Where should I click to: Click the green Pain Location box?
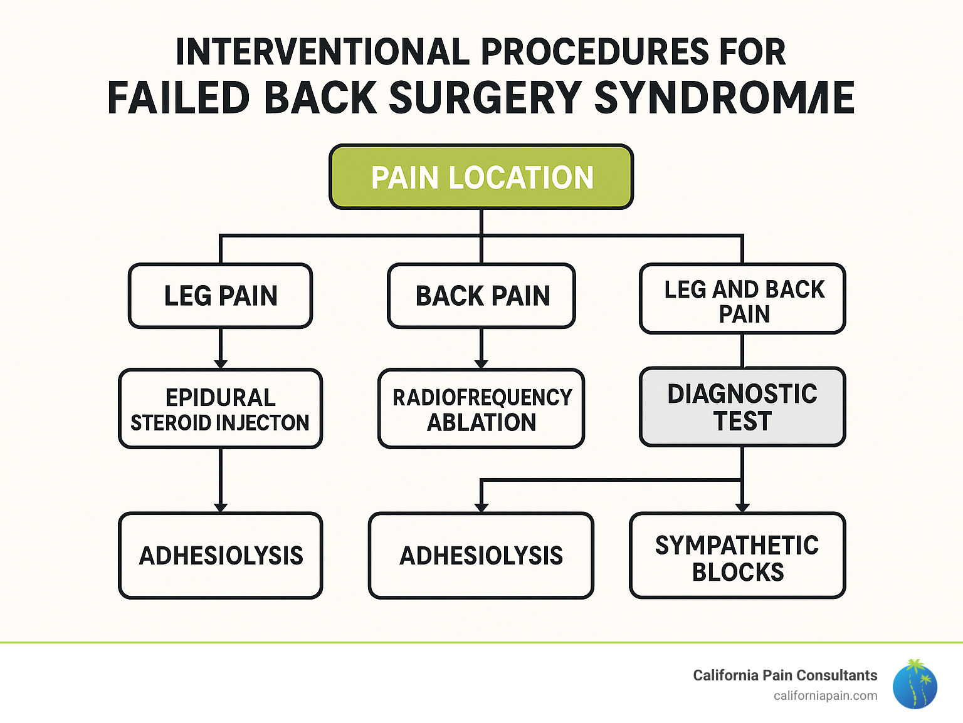coord(481,177)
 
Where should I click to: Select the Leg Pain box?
coord(220,296)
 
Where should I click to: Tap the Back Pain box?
coord(481,296)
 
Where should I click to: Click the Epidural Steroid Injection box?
coord(220,409)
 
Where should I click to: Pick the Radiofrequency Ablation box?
coord(481,409)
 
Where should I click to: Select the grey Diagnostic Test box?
coord(742,407)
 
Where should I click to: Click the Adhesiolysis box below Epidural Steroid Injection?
coord(220,556)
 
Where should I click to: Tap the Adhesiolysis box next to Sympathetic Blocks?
coord(481,556)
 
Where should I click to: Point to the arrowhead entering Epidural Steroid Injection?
coord(220,364)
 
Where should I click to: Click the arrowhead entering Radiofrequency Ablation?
coord(481,364)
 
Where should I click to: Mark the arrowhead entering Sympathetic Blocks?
coord(742,507)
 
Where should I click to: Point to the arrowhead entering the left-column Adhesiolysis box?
coord(220,507)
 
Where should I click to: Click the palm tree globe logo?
coord(915,684)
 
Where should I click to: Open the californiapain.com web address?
coord(825,696)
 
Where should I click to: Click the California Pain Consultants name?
coord(785,675)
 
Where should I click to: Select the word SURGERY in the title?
coord(486,98)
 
